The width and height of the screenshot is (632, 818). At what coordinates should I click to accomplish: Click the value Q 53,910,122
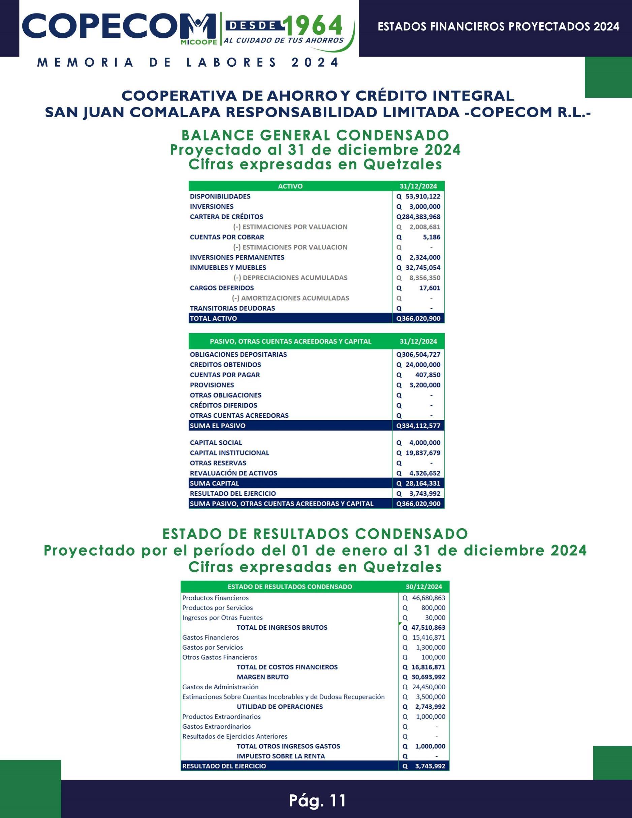coord(418,196)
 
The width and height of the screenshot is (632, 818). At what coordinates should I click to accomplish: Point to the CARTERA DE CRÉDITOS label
coord(226,217)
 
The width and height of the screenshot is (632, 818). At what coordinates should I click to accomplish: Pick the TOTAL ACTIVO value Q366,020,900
coord(418,318)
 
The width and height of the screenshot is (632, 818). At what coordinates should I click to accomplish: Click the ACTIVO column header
coord(290,186)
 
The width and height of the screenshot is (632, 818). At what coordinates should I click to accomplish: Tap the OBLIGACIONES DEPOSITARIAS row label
coord(238,354)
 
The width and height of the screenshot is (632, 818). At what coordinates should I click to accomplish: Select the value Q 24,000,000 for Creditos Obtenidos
coord(418,365)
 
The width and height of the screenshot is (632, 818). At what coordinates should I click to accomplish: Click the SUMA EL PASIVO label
coord(218,426)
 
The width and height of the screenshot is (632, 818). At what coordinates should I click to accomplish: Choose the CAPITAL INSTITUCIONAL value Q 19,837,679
coord(418,453)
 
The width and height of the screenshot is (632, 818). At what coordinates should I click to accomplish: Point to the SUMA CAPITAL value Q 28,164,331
coord(418,483)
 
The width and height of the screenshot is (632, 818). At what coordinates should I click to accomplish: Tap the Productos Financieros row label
coord(215,598)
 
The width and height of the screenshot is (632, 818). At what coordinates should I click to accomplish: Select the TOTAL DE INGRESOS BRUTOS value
coord(424,627)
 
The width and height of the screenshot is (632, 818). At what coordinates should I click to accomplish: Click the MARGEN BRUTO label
coord(263,677)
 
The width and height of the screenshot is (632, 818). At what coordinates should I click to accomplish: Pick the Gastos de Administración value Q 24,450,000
coord(424,687)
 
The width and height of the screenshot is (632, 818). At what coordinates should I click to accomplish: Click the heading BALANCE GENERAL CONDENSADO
coord(315,135)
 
